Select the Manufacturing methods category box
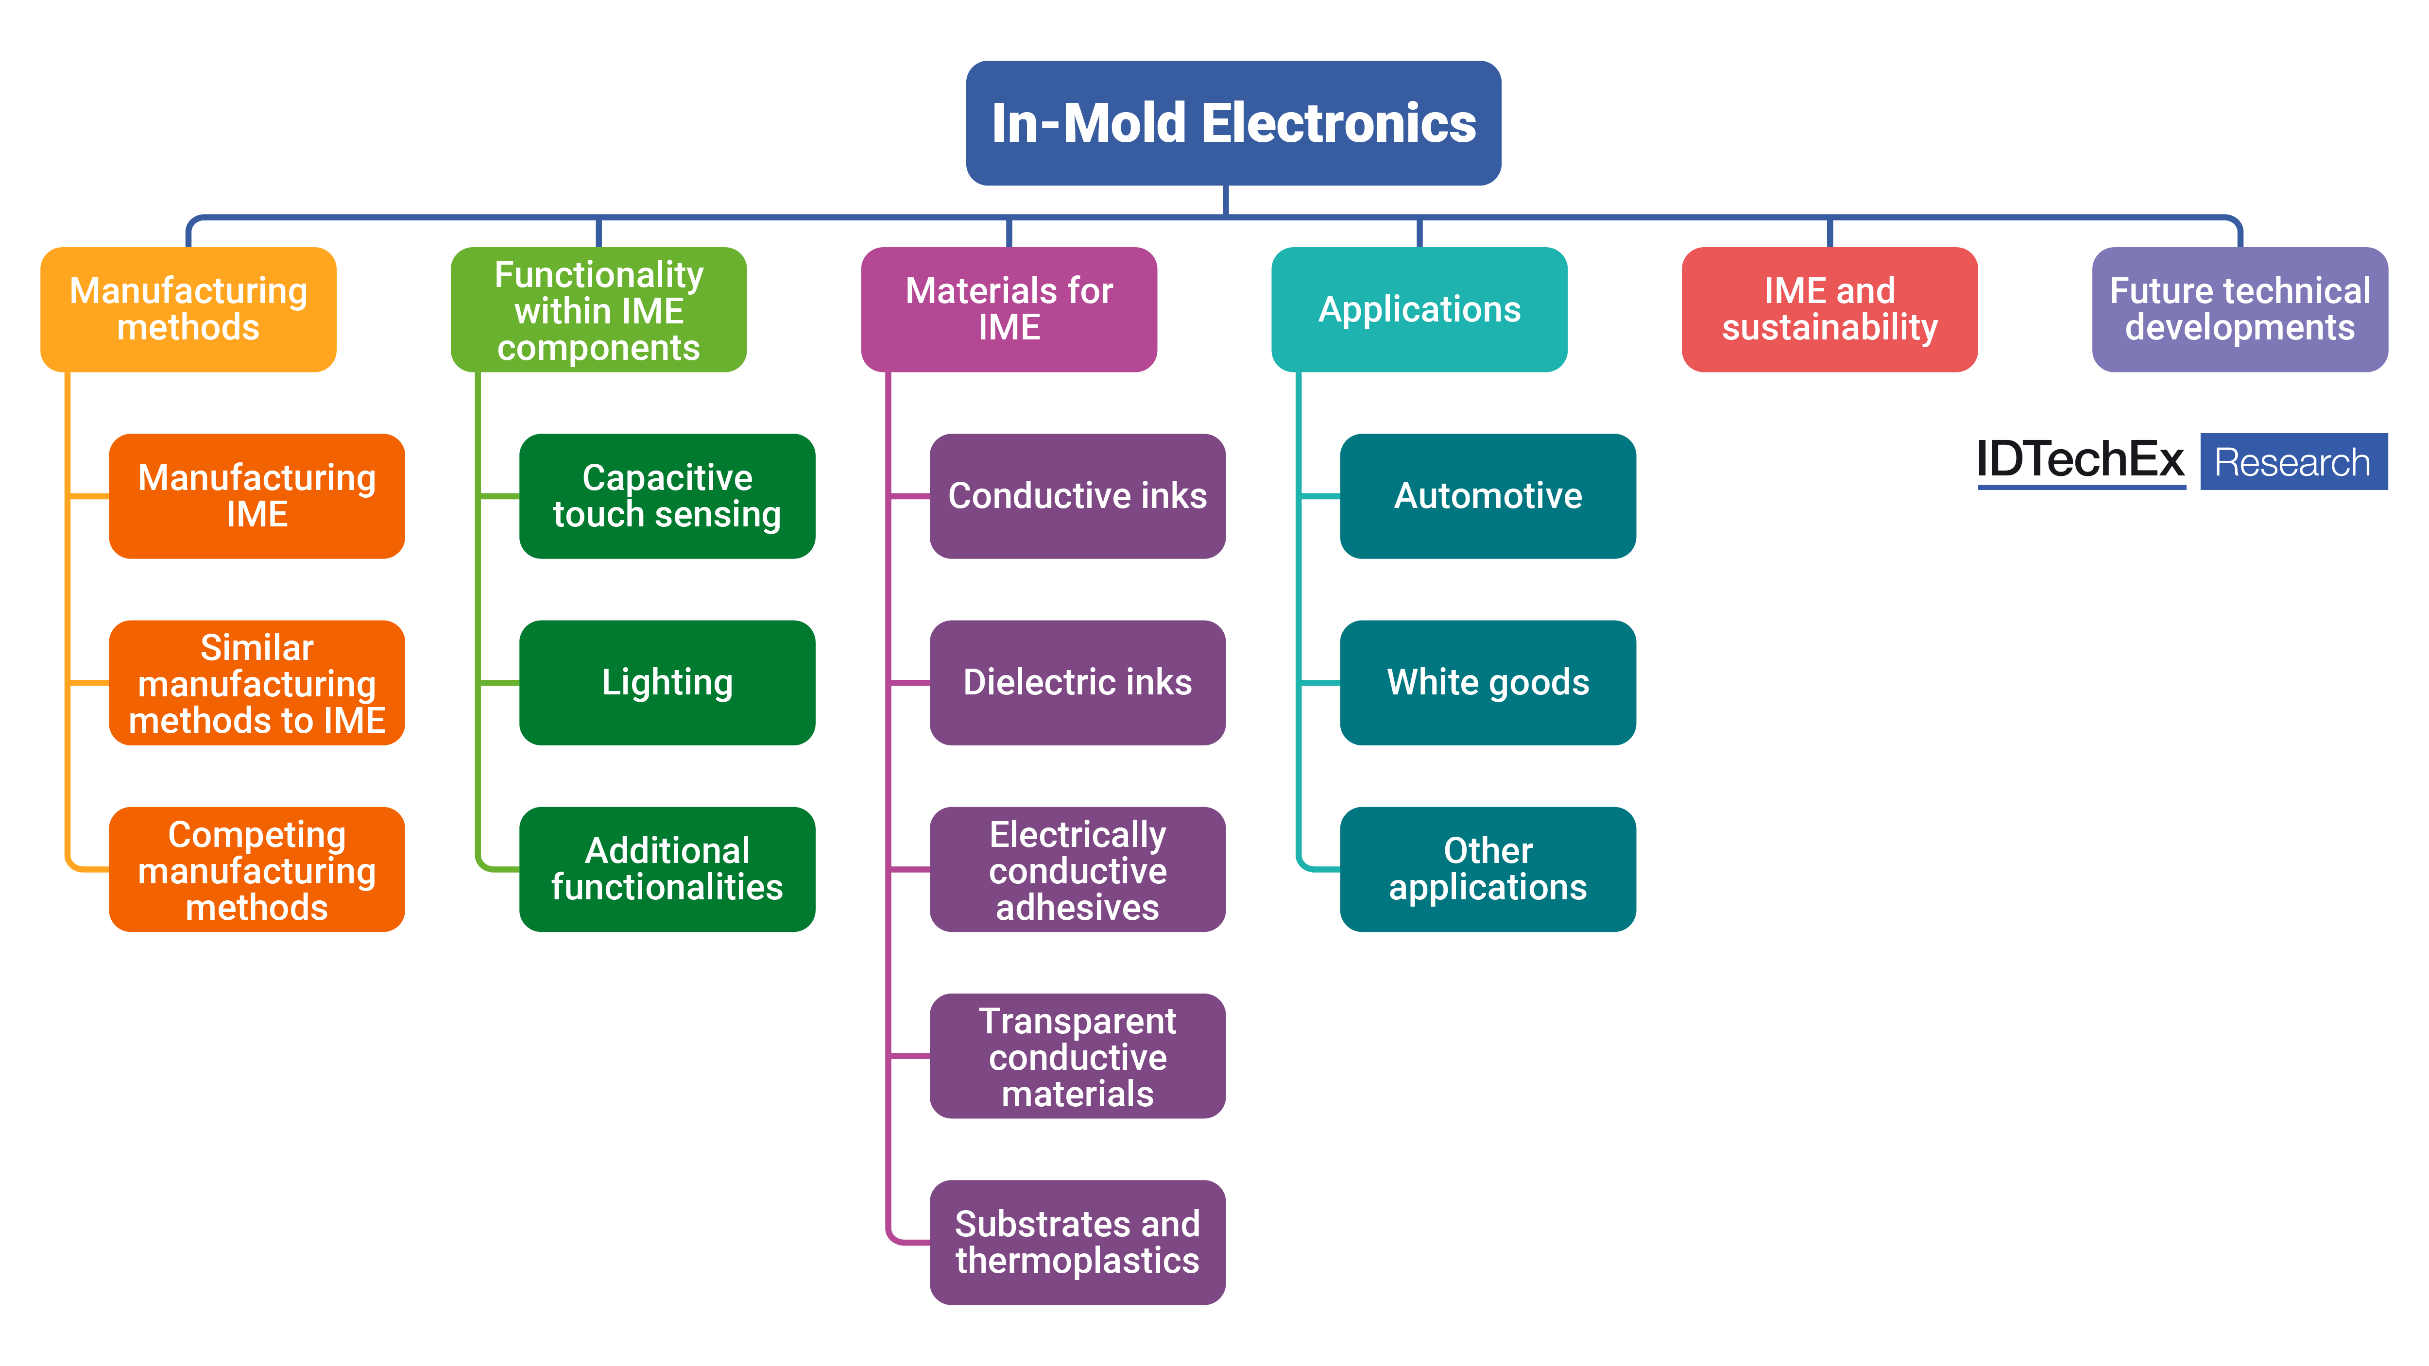pos(188,309)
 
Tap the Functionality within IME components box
pos(599,309)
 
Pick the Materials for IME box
pos(1009,309)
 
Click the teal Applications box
pos(1419,309)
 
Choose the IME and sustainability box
pos(1830,309)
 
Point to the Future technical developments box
pos(2240,309)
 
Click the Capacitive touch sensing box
pos(667,496)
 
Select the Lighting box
pos(667,683)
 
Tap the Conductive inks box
pos(1077,496)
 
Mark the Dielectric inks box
pos(1077,683)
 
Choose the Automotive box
pos(1487,496)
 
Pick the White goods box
pos(1487,683)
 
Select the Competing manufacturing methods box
pos(257,869)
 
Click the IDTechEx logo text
pos(2080,461)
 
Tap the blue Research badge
pos(2293,462)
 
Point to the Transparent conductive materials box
pos(1077,1056)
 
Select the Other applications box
pos(1487,869)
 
